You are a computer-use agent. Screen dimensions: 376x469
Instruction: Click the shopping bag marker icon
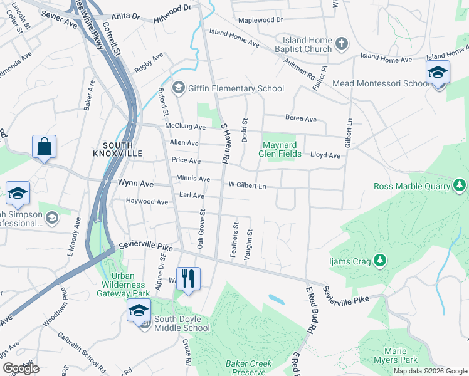click(44, 148)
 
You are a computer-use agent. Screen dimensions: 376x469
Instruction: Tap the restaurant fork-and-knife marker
click(188, 278)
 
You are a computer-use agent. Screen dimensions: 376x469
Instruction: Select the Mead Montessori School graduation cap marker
click(438, 73)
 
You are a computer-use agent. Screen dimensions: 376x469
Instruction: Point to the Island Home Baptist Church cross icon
click(341, 43)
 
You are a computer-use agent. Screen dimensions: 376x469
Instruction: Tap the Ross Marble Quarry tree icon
click(460, 185)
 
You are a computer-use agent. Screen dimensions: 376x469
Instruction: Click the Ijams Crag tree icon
click(379, 259)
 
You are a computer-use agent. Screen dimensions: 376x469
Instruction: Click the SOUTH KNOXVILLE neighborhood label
click(118, 149)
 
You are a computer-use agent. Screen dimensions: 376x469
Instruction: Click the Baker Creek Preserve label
click(249, 368)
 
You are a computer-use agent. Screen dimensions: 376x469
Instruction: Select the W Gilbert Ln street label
click(247, 186)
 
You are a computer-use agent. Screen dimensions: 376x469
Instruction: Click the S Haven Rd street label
click(223, 144)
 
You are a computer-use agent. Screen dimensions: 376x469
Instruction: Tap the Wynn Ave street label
click(135, 184)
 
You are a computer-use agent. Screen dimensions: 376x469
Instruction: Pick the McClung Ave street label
click(185, 127)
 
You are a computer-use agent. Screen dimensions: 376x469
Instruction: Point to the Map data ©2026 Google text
click(429, 371)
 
